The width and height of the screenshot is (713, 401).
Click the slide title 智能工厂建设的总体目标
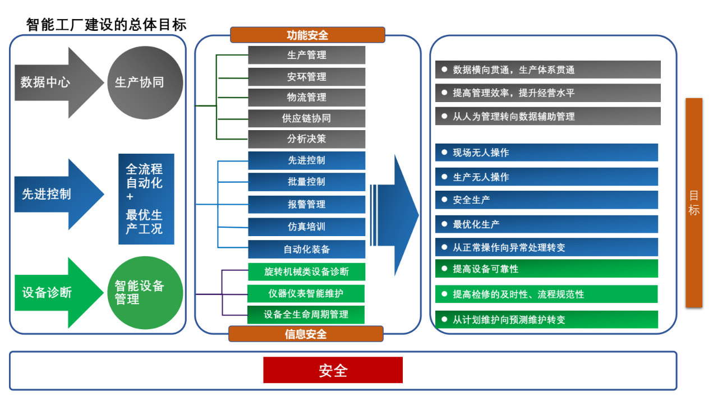(x=106, y=25)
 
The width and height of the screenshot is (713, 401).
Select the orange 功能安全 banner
(x=307, y=35)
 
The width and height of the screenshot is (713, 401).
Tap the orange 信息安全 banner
(x=306, y=334)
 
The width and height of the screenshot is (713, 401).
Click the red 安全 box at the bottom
(x=333, y=370)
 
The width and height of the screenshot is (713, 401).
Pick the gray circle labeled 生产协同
(x=145, y=82)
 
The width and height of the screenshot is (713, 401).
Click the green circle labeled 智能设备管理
(x=145, y=293)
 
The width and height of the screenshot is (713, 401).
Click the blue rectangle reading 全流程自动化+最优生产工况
(x=146, y=199)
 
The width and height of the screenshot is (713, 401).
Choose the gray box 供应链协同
(x=306, y=118)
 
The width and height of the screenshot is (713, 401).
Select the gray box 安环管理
(x=306, y=76)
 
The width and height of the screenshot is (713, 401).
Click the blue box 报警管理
(x=306, y=204)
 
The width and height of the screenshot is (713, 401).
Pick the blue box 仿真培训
(x=306, y=227)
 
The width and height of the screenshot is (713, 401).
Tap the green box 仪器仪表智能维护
(x=306, y=293)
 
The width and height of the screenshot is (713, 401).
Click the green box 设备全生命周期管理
(x=306, y=315)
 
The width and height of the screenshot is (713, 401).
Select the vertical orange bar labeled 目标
(x=694, y=203)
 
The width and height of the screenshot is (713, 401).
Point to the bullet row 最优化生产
(x=546, y=224)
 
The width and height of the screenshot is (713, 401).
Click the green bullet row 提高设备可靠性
(x=546, y=269)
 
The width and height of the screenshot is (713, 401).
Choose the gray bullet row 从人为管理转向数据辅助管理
(x=548, y=116)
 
